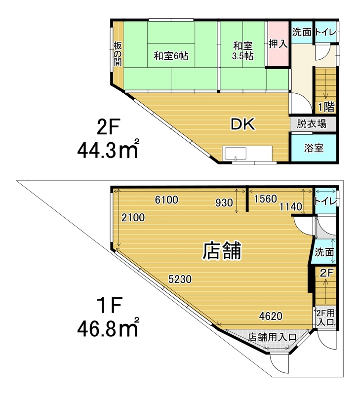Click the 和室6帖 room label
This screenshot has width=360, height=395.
pyautogui.click(x=171, y=56)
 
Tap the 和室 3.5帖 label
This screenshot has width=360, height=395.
pyautogui.click(x=243, y=51)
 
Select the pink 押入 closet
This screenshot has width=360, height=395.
pyautogui.click(x=278, y=43)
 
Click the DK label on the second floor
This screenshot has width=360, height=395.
pyautogui.click(x=243, y=124)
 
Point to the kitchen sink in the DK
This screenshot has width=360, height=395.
pyautogui.click(x=236, y=154)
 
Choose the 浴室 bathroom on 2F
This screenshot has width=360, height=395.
pyautogui.click(x=314, y=148)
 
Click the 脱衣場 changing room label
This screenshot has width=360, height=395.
pyautogui.click(x=312, y=124)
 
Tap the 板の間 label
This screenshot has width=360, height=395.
pyautogui.click(x=118, y=54)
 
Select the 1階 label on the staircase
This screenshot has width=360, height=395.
pyautogui.click(x=326, y=107)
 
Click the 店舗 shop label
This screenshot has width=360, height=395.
pyautogui.click(x=222, y=251)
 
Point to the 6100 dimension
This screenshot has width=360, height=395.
pyautogui.click(x=166, y=200)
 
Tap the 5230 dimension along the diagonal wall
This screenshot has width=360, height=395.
pyautogui.click(x=180, y=279)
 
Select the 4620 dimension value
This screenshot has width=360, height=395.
pyautogui.click(x=271, y=316)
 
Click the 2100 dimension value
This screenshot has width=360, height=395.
pyautogui.click(x=133, y=217)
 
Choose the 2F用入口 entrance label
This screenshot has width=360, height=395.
pyautogui.click(x=326, y=317)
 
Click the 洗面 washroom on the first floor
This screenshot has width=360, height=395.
pyautogui.click(x=324, y=252)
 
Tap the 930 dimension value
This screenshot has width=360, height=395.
pyautogui.click(x=224, y=202)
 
